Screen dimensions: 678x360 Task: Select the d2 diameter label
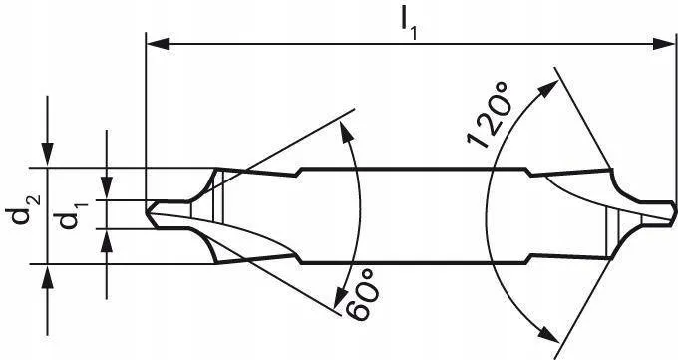(x=23, y=209)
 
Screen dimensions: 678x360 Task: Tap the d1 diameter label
(x=72, y=214)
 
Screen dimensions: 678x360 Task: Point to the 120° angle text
(x=489, y=115)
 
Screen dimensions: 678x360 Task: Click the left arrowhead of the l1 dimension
(x=158, y=44)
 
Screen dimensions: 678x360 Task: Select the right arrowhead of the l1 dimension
(x=663, y=44)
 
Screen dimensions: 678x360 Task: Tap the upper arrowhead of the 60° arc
(x=347, y=131)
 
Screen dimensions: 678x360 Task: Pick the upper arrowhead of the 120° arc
(x=547, y=89)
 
